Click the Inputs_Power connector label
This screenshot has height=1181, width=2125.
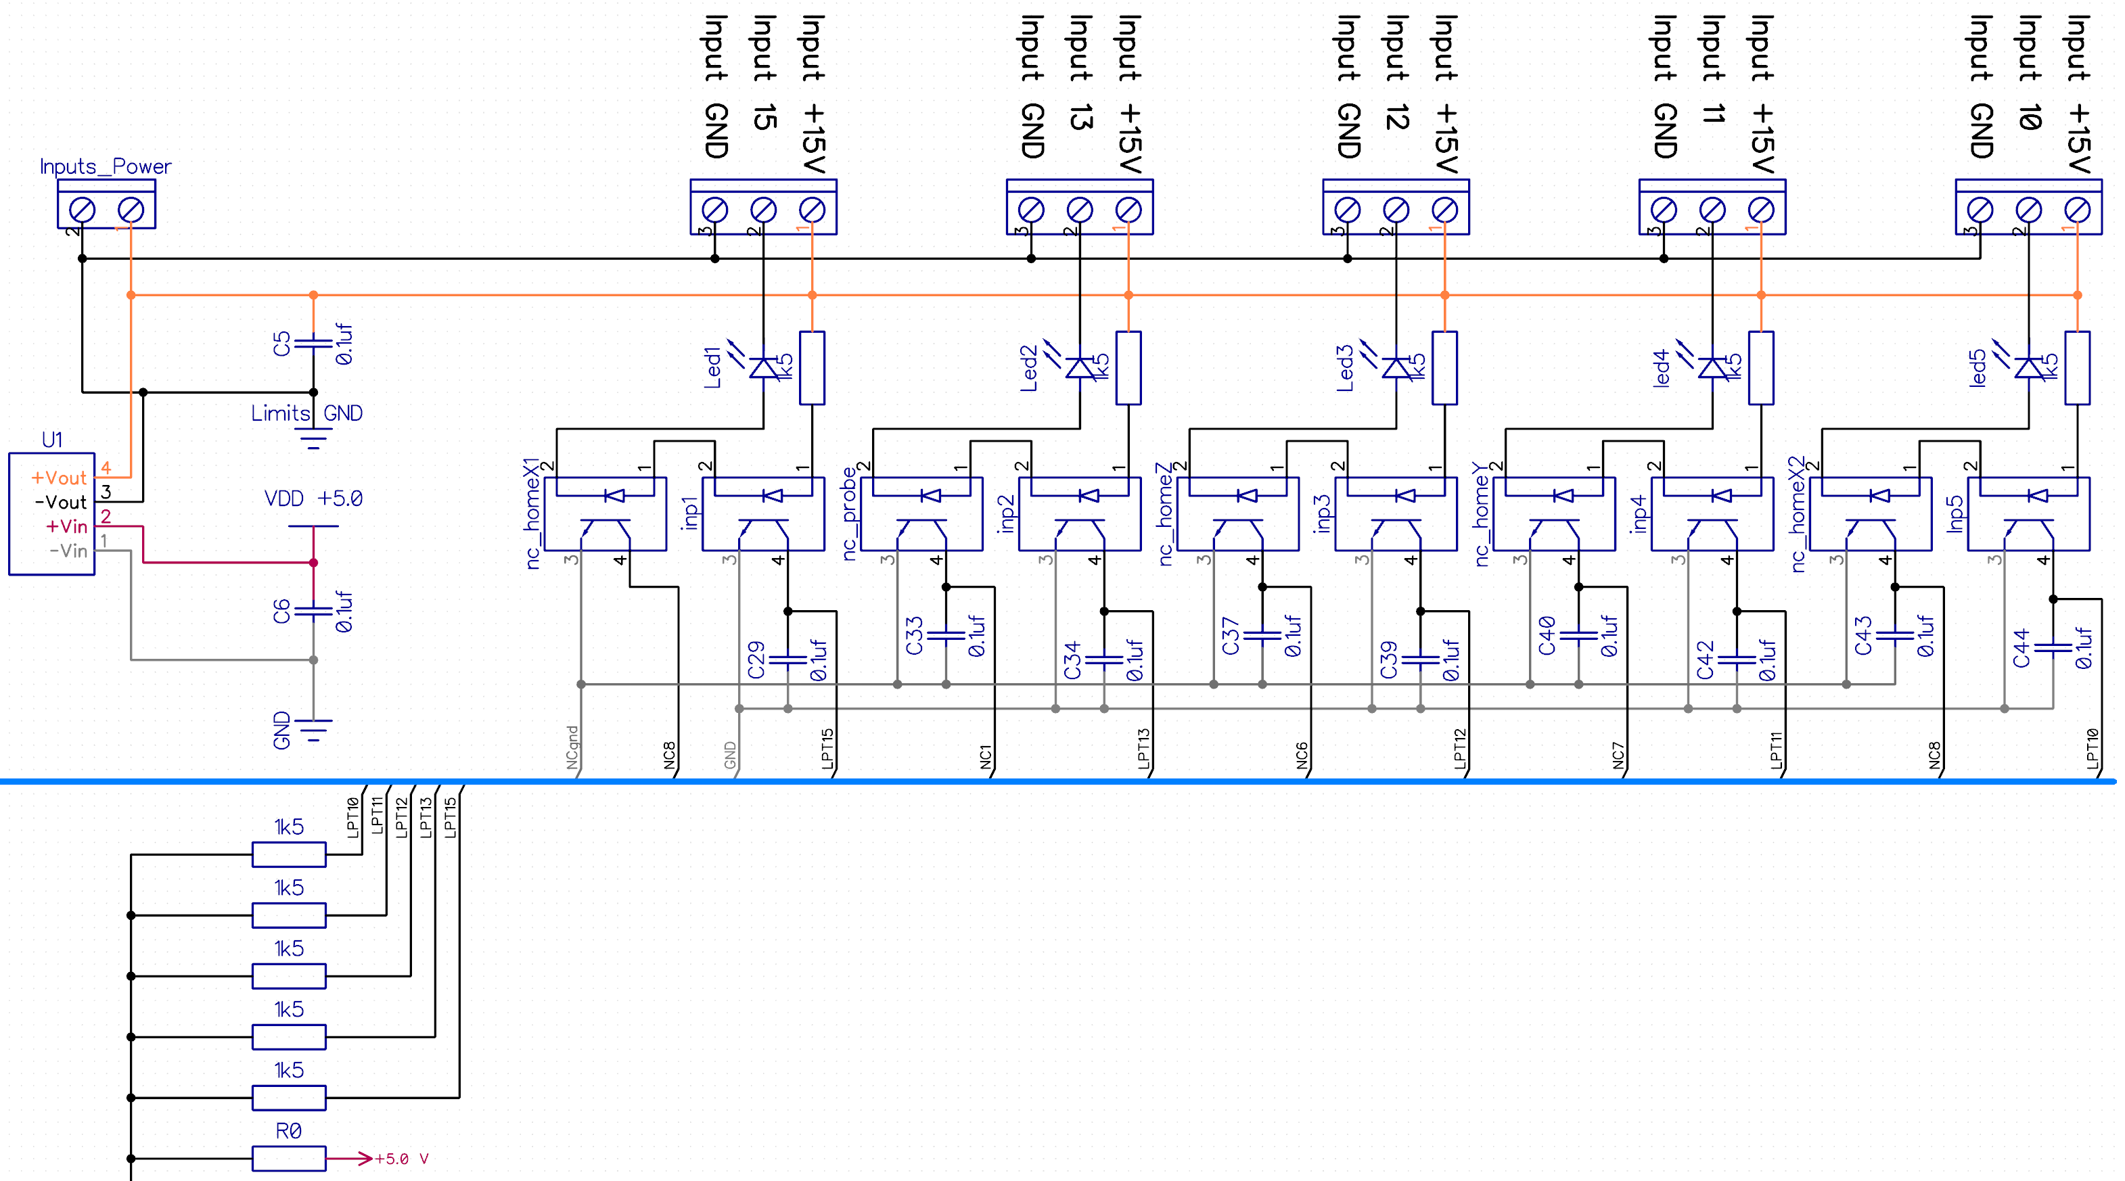[x=106, y=166]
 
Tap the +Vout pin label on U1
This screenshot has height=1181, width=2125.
[x=59, y=478]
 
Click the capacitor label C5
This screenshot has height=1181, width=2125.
[x=282, y=344]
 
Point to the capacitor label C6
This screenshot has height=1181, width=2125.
[x=282, y=611]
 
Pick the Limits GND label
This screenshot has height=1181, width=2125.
[x=307, y=413]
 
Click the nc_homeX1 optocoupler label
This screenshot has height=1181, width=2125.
[x=533, y=513]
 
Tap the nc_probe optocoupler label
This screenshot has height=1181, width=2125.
[x=850, y=513]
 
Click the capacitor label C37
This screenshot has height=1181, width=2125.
[x=1231, y=636]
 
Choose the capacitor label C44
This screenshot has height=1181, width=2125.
[x=2021, y=648]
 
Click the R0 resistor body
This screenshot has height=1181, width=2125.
[x=289, y=1159]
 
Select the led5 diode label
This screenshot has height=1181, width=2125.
[x=1978, y=368]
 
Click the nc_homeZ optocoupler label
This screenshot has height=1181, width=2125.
[x=1166, y=513]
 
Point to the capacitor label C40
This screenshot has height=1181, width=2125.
[x=1547, y=636]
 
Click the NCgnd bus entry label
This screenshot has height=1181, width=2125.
[x=572, y=747]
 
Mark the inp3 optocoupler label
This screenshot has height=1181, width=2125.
[x=1323, y=513]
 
